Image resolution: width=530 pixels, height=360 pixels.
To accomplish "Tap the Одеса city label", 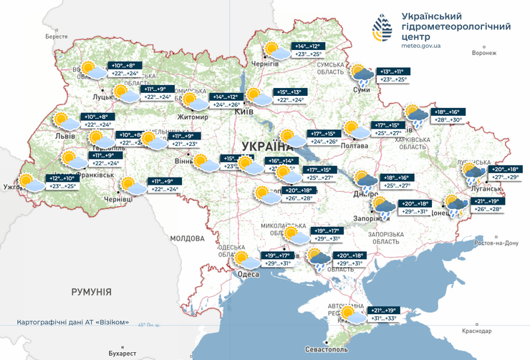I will click(x=249, y=273).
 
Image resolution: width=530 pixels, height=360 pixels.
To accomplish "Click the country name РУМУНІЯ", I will click(x=91, y=292).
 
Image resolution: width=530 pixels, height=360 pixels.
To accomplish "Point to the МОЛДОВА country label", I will click(x=188, y=238).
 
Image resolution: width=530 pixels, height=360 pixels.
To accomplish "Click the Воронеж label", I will click(x=484, y=53).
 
